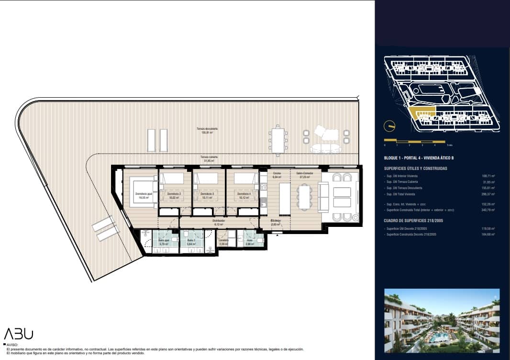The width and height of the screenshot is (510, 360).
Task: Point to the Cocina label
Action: click(277, 175)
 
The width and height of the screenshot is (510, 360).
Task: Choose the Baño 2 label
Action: click(190, 243)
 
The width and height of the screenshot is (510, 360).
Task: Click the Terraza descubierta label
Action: click(207, 130)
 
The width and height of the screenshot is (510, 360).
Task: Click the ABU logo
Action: click(19, 334)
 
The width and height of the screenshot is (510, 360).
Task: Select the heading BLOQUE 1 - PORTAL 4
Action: click(419, 158)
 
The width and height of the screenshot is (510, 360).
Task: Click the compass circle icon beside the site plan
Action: click(390, 126)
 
